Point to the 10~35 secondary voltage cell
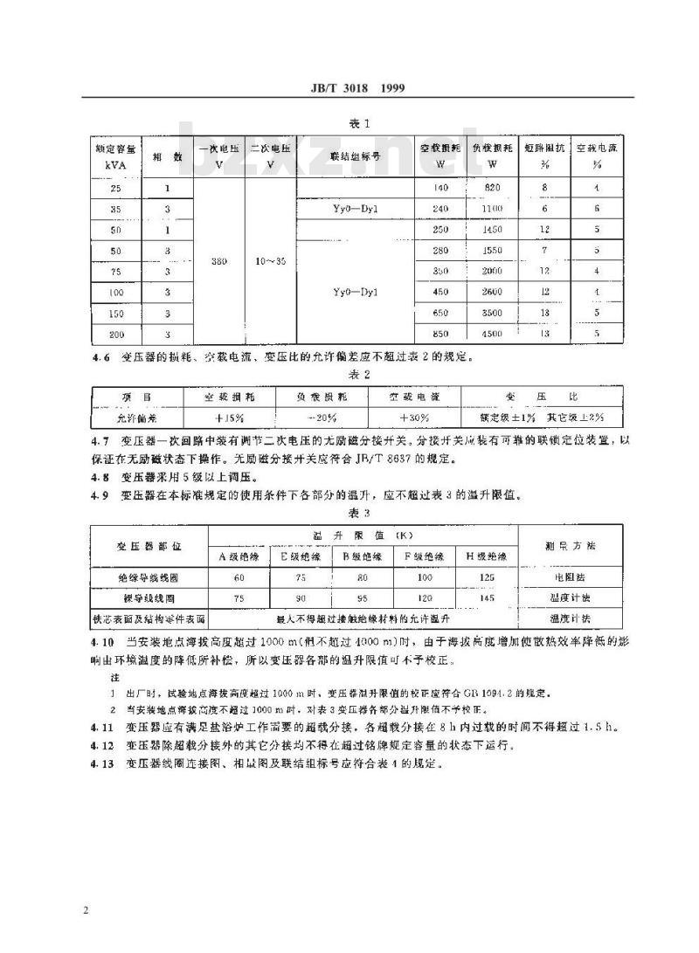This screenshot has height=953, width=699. (x=270, y=259)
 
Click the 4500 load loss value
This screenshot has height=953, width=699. (x=492, y=332)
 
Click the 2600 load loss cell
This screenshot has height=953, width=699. (x=492, y=291)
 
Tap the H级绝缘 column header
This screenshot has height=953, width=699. (x=488, y=556)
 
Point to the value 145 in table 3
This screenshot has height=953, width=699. (x=488, y=598)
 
